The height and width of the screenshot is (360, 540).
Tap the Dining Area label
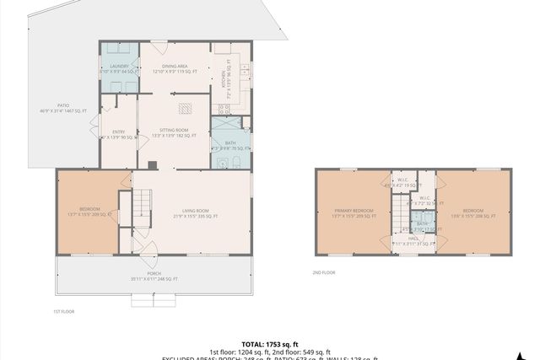[175, 68]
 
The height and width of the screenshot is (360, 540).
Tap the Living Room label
[195, 214]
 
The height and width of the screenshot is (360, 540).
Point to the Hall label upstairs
[413, 241]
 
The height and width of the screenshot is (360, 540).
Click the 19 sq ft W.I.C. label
[403, 183]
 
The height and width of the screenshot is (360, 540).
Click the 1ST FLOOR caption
[64, 312]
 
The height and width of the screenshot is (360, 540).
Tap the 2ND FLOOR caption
[324, 272]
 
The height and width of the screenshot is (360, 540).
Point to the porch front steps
[154, 298]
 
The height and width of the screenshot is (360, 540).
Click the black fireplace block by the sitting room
[151, 165]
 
